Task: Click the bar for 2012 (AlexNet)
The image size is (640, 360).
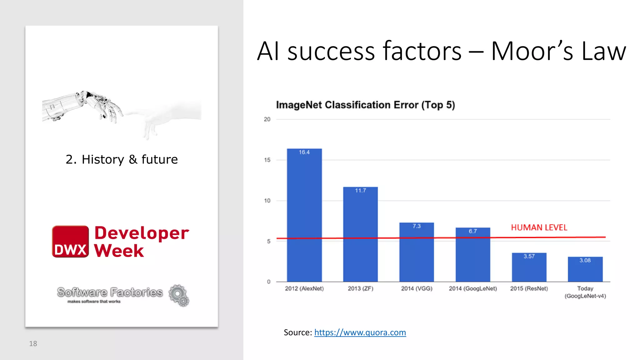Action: point(304,216)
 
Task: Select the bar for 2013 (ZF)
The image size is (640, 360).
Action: point(360,234)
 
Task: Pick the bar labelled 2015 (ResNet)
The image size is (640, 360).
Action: point(529,267)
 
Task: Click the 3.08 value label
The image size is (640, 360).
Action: point(585,260)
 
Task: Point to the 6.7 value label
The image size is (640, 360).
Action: point(472,231)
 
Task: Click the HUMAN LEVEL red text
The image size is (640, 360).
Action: point(539,227)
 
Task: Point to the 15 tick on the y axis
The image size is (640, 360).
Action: point(267,160)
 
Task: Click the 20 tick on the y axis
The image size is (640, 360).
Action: point(267,119)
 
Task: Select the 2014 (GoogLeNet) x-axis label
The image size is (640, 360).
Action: point(473,288)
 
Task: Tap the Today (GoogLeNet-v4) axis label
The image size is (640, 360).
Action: point(585,292)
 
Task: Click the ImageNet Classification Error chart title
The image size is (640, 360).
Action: point(365,105)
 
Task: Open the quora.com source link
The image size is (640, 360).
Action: point(360,332)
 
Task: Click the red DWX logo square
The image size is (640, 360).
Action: point(70,242)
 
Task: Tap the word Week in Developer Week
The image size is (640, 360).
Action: point(119,251)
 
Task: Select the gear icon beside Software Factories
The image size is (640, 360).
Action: point(179,295)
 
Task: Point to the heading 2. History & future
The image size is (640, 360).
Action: point(122,159)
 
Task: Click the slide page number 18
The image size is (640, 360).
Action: point(33,344)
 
